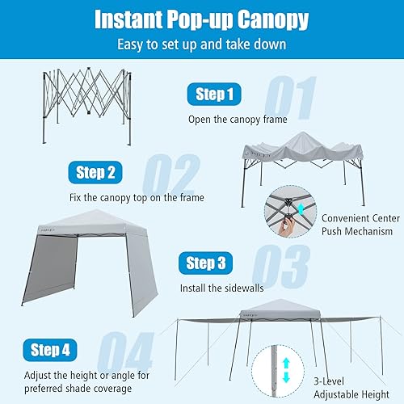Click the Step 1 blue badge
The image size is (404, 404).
point(214,95)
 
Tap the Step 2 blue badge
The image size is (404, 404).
point(96,172)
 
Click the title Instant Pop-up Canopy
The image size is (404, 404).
point(201,19)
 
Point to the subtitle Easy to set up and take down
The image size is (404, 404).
point(201,45)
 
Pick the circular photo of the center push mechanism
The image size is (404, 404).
point(288,217)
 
